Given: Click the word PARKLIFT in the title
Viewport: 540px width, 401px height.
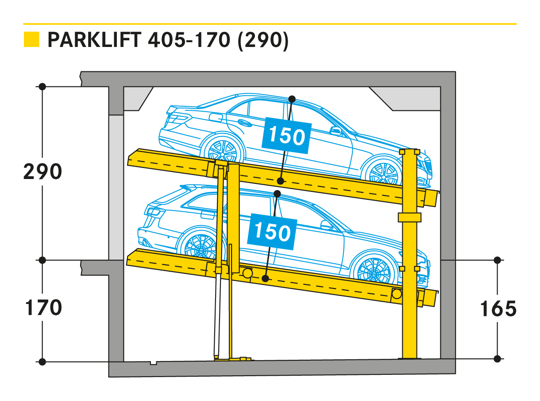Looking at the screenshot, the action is coord(94,40).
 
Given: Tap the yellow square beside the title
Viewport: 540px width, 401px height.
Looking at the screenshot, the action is coord(31,39).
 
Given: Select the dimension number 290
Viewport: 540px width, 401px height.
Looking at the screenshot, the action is coord(42,171).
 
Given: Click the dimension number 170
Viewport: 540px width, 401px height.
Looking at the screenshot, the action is coord(43,308).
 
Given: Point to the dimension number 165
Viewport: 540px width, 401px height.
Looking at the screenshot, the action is coord(498,308).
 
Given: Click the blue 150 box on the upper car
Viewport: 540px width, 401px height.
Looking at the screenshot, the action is coord(286,136).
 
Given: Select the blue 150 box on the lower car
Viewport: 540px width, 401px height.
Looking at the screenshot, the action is coord(272,232).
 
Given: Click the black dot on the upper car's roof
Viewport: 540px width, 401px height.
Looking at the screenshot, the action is coord(292,99).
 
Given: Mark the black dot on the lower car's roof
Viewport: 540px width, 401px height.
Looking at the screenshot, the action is coord(277,194).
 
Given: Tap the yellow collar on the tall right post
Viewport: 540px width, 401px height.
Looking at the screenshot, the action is coord(409,217).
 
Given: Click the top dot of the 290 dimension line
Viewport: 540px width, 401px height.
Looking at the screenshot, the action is coord(42,86).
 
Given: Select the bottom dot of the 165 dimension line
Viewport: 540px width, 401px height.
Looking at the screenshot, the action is coord(497,359).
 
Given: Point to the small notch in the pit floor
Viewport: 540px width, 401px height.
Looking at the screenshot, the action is coord(154,363).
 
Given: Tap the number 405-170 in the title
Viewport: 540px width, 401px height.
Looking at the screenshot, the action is coord(189,40).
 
